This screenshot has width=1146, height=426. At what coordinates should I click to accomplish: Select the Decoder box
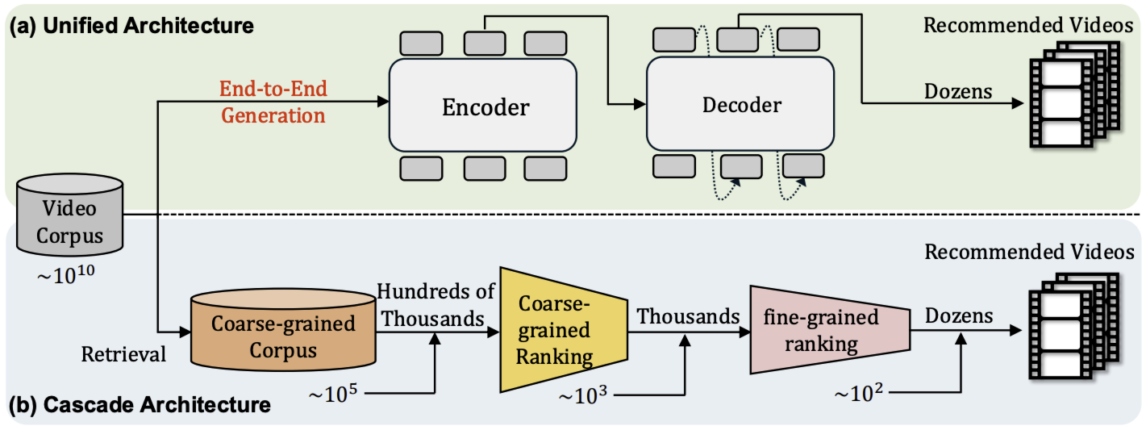(x=741, y=106)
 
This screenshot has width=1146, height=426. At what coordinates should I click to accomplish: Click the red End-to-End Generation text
(x=273, y=101)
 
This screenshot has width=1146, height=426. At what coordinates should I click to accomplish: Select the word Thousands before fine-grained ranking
(x=689, y=316)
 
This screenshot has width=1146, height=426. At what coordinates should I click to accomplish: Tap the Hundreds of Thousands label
(x=431, y=306)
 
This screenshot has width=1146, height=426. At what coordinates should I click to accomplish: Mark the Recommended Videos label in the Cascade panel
(x=1029, y=253)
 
